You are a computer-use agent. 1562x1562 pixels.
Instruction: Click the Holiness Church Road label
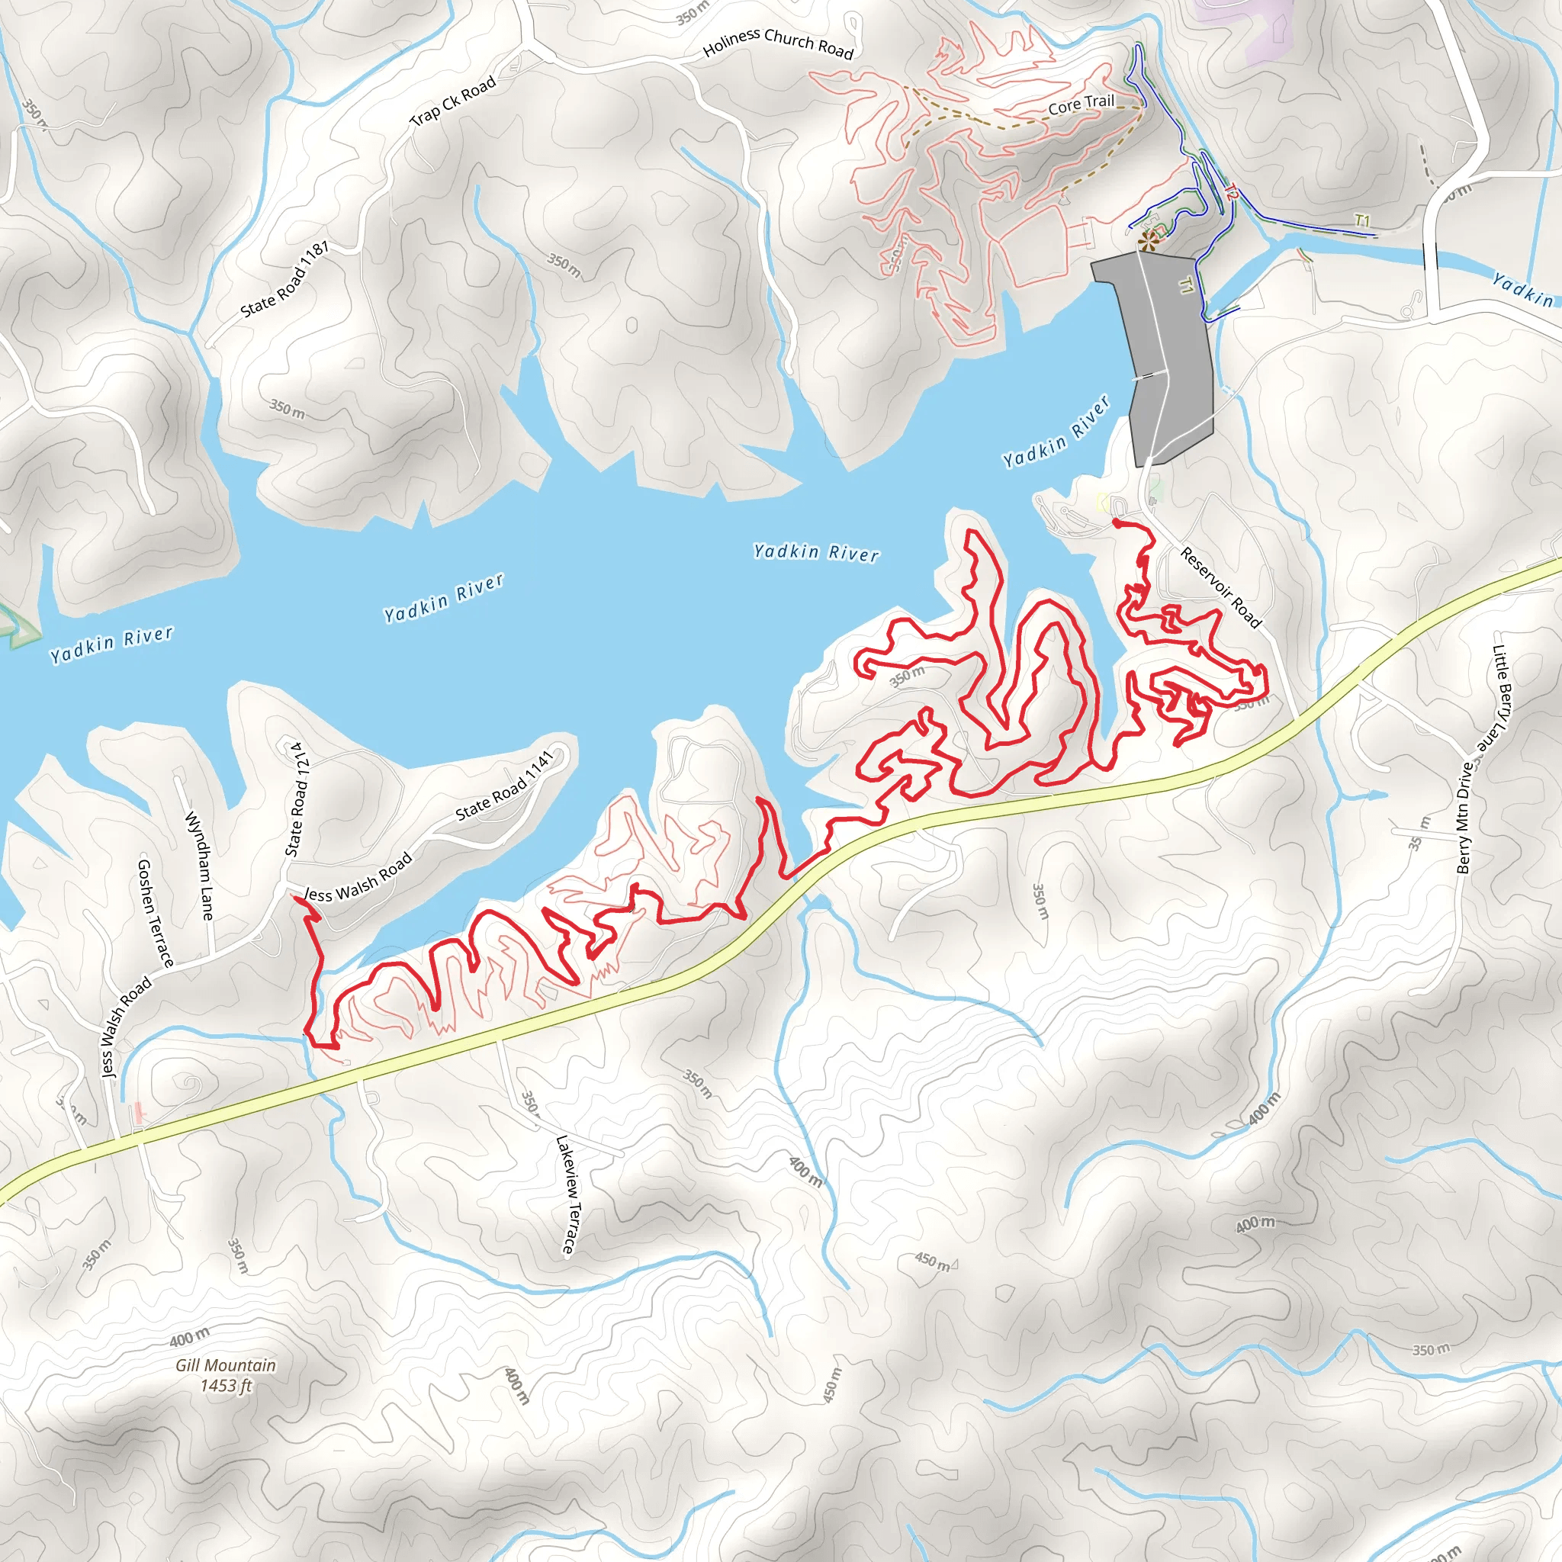point(778,43)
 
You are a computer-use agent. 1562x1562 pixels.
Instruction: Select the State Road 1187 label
point(284,280)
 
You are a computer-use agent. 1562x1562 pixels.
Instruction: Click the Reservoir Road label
point(1220,588)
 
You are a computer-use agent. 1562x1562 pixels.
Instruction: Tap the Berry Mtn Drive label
point(1464,818)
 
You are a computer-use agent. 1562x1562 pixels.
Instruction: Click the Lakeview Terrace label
point(568,1195)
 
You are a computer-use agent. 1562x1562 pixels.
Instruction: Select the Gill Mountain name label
point(227,1365)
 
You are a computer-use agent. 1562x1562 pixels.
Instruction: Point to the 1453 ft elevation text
point(227,1386)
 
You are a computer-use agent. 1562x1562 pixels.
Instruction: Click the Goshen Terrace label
point(156,913)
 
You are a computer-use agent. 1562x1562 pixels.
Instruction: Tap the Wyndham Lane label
point(200,866)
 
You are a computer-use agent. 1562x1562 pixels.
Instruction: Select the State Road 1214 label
point(297,799)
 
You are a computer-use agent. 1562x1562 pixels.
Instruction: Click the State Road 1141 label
point(504,786)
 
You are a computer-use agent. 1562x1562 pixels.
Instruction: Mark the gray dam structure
point(1164,355)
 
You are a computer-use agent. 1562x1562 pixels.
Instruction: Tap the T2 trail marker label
point(1230,192)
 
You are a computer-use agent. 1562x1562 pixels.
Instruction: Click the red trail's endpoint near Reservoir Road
point(1116,523)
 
